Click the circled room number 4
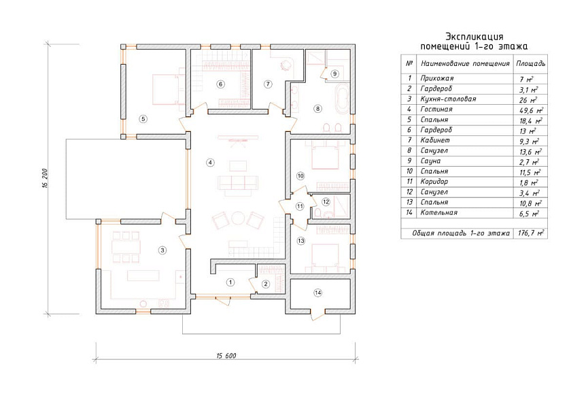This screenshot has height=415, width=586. point(211,163)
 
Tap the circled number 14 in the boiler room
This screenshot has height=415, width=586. point(317,293)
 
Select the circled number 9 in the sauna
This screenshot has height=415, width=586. point(334,73)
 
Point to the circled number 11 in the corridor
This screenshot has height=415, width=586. point(300,206)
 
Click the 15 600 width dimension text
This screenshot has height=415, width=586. point(226,356)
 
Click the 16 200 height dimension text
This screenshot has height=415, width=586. point(45,178)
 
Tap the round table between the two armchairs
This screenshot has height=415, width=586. point(237,218)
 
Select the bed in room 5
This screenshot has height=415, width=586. point(167,89)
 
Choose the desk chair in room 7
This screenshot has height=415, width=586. point(285,65)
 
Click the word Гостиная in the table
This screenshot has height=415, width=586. point(436,109)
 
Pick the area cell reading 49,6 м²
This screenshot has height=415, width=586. point(531,110)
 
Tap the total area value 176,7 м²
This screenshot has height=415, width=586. point(531,233)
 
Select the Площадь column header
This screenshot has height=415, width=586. point(531,63)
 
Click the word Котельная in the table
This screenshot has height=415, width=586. point(438,212)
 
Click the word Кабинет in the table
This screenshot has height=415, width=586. point(435,140)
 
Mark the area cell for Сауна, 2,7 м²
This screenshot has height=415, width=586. point(529,162)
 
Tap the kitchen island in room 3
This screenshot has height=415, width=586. point(143,276)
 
